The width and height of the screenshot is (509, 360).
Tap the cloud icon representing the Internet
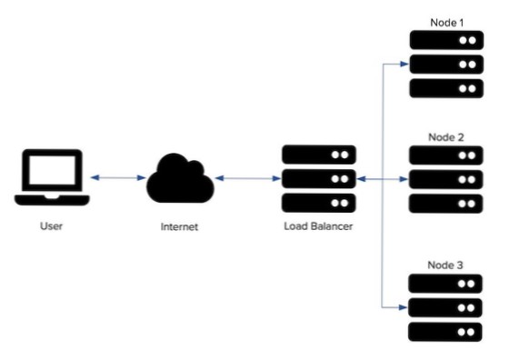(180, 178)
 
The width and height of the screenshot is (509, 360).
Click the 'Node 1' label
(446, 21)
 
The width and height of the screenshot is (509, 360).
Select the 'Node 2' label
(446, 136)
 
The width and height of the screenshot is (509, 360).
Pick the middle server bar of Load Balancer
(318, 178)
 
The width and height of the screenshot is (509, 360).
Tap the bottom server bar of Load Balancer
(318, 203)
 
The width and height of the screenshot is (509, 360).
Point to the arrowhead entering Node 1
(405, 64)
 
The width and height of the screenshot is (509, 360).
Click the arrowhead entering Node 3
(405, 308)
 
